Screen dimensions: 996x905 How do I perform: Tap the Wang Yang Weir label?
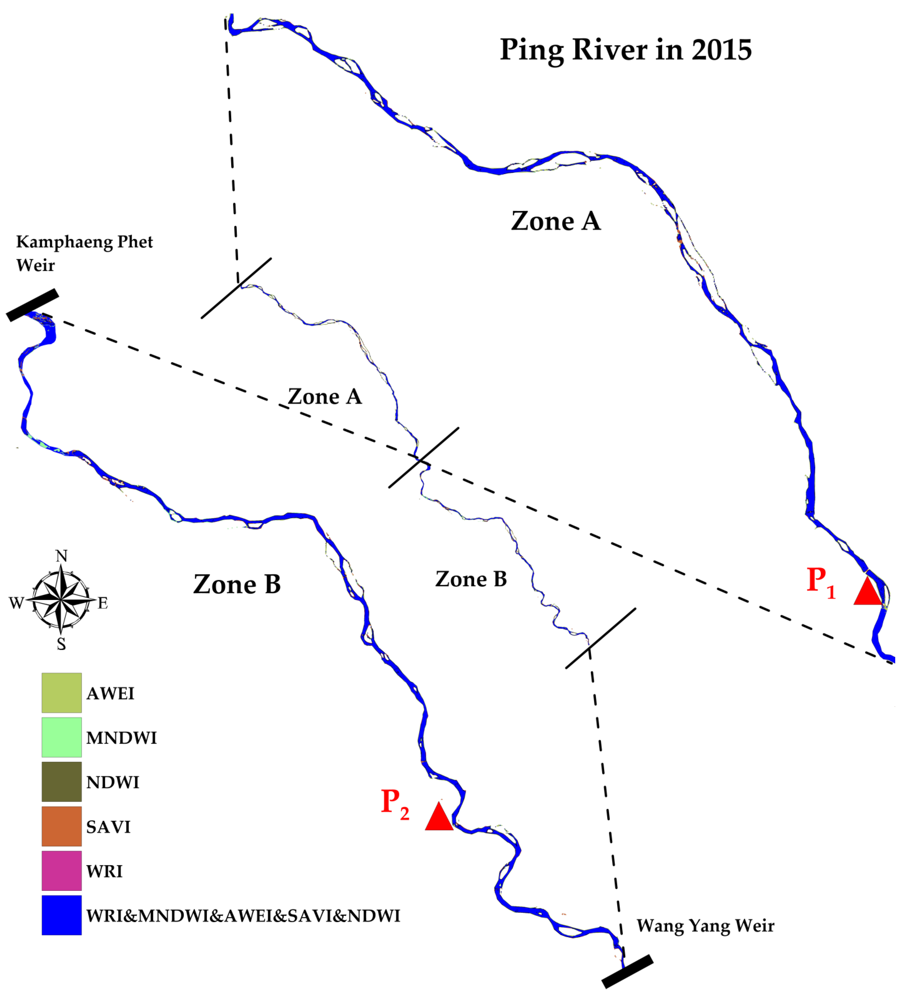705,926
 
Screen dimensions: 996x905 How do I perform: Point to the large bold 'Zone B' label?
237,585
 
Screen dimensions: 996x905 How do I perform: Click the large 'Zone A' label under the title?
556,221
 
